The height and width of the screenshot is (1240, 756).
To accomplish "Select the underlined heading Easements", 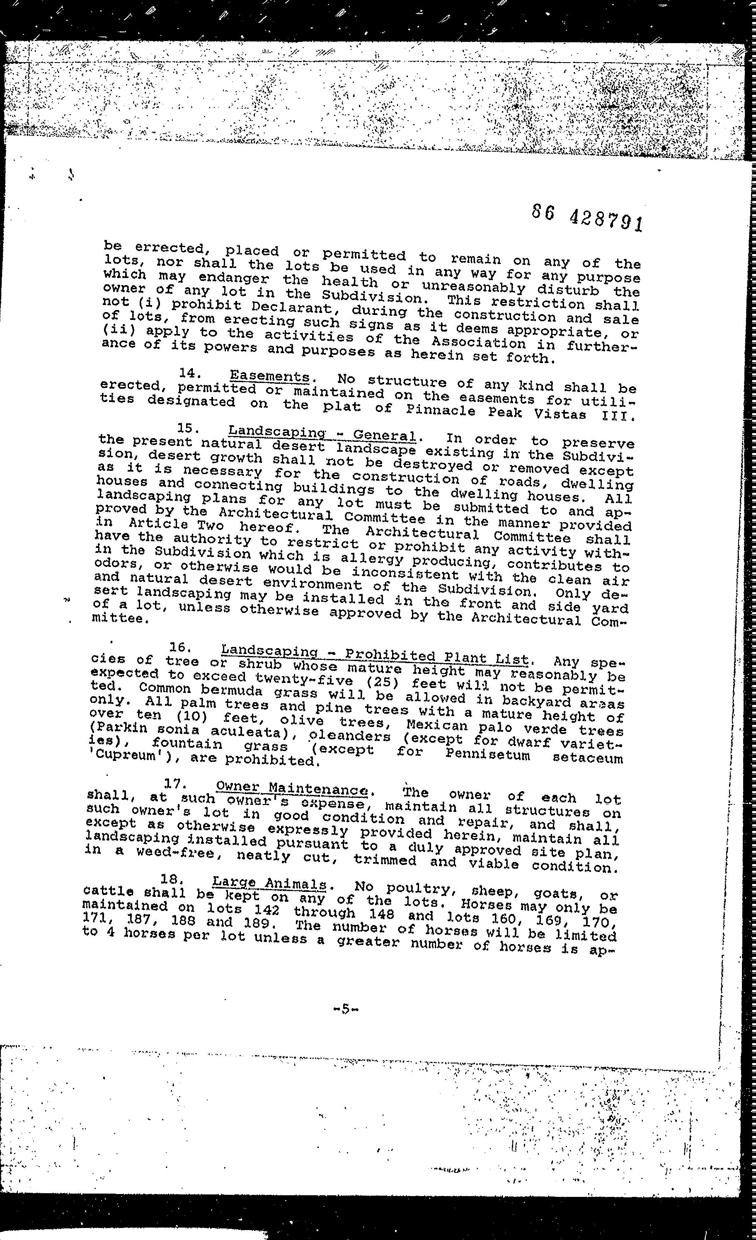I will [269, 376].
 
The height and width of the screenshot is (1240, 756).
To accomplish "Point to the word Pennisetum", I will [487, 756].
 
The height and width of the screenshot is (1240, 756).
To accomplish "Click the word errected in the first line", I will [168, 249].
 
